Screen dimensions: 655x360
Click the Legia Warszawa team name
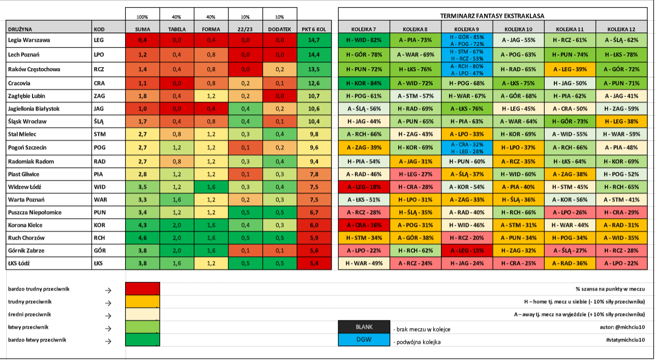(29, 40)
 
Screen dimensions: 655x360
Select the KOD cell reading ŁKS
(98, 263)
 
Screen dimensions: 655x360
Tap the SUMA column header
(142, 29)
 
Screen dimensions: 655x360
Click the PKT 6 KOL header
(314, 29)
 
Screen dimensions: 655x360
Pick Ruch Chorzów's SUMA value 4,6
(142, 238)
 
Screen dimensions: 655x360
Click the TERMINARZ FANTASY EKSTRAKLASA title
(492, 16)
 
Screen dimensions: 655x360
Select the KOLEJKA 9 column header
(467, 29)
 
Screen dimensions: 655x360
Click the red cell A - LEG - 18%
(364, 187)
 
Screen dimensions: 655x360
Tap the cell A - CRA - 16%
(364, 225)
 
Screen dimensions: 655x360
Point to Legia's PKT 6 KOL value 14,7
(314, 40)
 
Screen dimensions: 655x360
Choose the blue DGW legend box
(364, 340)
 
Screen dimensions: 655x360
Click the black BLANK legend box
(364, 327)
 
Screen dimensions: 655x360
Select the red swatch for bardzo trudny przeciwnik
(142, 289)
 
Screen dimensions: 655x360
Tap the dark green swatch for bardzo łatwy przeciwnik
(142, 340)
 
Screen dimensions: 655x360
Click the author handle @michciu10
(630, 327)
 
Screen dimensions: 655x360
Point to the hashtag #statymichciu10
(626, 340)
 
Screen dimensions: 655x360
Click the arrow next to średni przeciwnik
(108, 316)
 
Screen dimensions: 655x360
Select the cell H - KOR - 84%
(364, 83)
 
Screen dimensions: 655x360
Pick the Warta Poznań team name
(26, 200)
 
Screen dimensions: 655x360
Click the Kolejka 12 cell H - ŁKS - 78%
(621, 55)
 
